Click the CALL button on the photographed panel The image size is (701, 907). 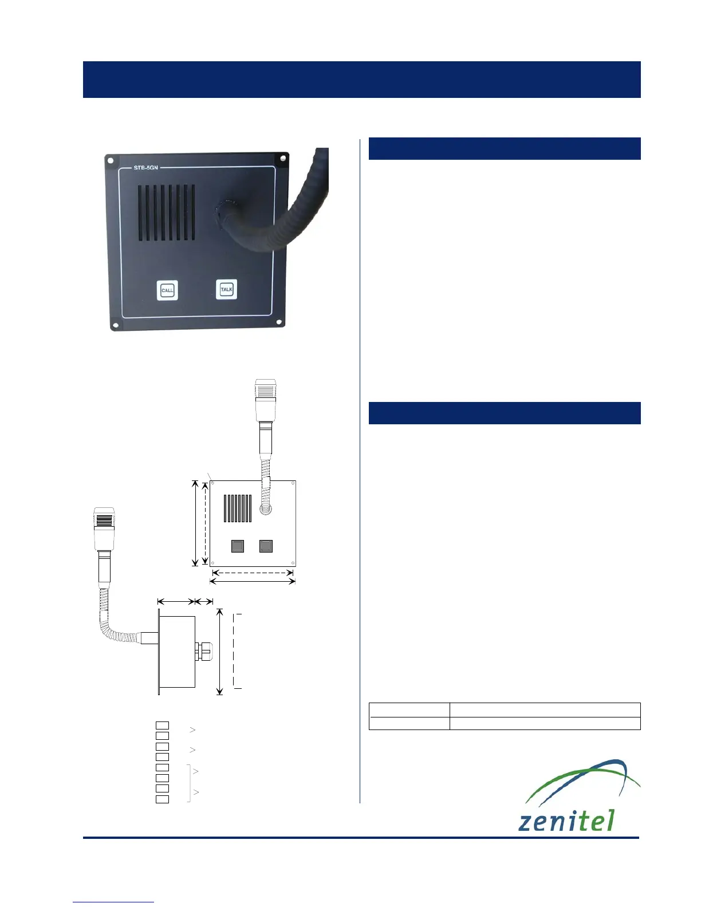click(167, 290)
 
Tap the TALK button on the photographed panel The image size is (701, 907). click(227, 289)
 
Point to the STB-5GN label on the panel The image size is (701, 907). click(145, 168)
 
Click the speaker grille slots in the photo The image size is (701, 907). click(166, 212)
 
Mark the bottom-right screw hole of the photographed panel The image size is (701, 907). click(280, 322)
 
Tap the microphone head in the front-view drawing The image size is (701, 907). click(265, 393)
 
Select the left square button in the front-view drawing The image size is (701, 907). click(238, 546)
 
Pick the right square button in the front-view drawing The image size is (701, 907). click(266, 546)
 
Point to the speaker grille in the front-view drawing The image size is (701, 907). click(238, 508)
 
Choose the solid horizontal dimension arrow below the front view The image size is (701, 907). click(253, 582)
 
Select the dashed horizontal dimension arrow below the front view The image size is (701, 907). click(253, 571)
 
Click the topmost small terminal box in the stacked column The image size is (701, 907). click(163, 725)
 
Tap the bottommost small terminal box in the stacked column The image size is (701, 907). click(163, 799)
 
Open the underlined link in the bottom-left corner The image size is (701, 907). click(113, 902)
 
